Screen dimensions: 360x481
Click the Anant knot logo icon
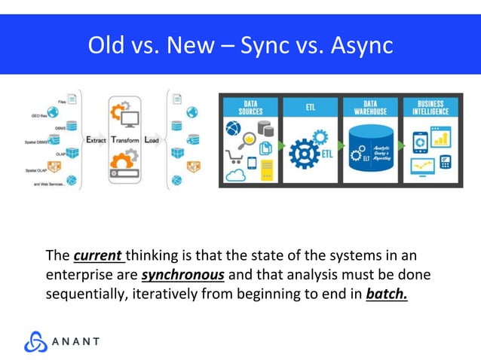click(36, 341)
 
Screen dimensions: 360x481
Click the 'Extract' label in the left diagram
click(96, 141)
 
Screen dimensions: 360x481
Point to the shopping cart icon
click(234, 159)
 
